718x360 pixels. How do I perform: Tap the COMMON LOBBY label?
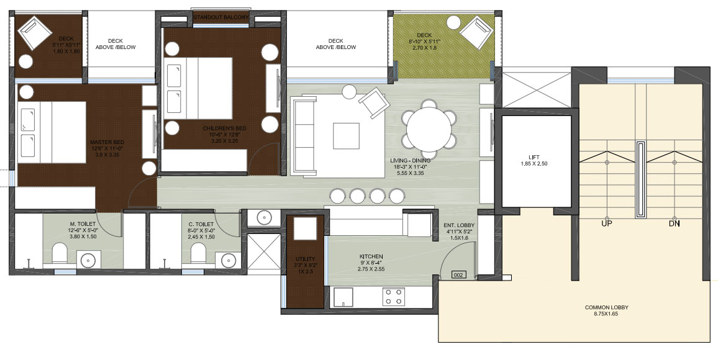[606, 307]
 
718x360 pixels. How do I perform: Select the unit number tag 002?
[458, 275]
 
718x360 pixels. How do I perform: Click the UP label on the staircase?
[607, 223]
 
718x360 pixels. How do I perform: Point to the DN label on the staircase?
[674, 223]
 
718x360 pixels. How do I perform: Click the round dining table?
[429, 128]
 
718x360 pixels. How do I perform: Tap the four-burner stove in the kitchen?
[393, 296]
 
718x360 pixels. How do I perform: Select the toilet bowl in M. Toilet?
[59, 253]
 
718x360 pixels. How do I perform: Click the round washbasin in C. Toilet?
[229, 260]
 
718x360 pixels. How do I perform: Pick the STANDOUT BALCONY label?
[220, 17]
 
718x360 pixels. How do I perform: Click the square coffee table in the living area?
[346, 136]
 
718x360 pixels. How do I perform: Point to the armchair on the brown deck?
[34, 32]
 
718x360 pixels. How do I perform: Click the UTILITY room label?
[304, 259]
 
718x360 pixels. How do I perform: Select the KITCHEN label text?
[371, 256]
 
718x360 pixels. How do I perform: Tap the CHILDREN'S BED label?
[221, 128]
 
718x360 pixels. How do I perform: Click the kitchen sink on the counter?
[343, 297]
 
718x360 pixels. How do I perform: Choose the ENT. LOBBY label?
[459, 225]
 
